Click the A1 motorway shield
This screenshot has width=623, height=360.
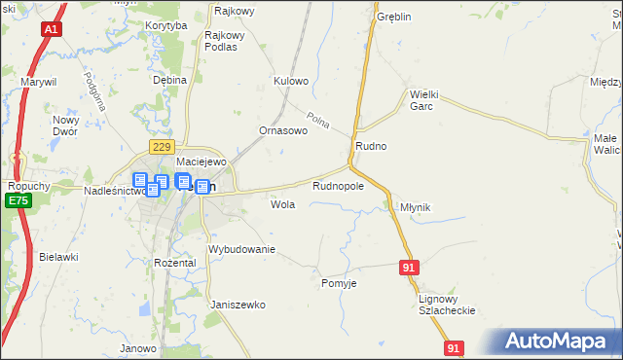click(50, 30)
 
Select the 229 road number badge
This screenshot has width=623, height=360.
click(162, 145)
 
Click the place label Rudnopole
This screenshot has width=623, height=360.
click(338, 185)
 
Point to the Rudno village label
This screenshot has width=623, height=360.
click(371, 146)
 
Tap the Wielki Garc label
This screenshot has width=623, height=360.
click(426, 100)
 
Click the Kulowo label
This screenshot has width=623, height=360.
click(291, 81)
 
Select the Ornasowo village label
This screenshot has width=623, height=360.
click(282, 129)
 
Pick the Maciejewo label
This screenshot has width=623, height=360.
click(201, 162)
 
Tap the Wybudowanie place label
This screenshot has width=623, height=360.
click(242, 250)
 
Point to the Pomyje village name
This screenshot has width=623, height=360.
click(339, 283)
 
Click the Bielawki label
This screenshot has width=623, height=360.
click(58, 257)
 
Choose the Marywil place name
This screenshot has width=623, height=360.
click(40, 82)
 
